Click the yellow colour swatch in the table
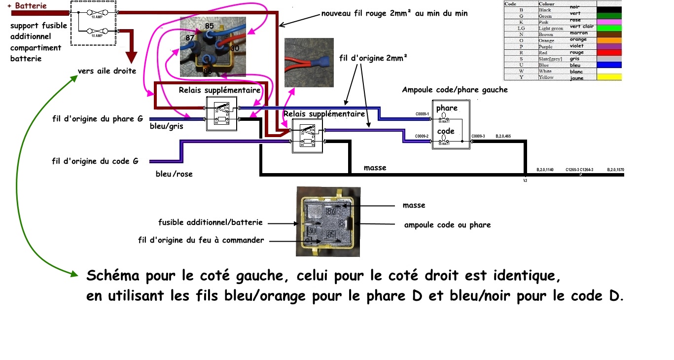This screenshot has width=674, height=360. pos(608,77)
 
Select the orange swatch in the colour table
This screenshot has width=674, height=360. pos(608,40)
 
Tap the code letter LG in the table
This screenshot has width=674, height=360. pos(521,28)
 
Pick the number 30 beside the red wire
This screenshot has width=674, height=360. pos(235,48)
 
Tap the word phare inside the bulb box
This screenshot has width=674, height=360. pos(447,108)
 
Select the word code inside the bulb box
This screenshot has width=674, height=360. pos(446,131)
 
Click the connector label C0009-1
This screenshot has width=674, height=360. pos(422,114)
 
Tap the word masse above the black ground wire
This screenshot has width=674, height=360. pos(375,168)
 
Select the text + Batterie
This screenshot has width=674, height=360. pos(28,5)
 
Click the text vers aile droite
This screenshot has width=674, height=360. pos(106,71)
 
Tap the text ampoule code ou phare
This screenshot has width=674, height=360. pos(447,225)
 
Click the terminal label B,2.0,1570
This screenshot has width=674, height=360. pos(616,170)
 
